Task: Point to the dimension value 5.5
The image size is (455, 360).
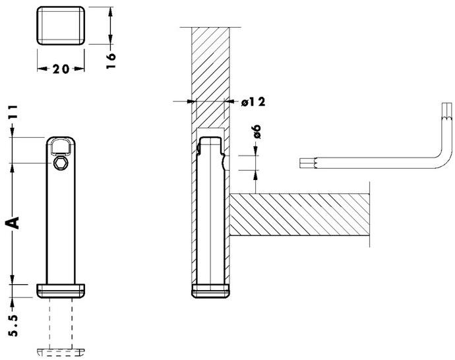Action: pos(13,325)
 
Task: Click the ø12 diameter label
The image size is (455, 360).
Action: pos(253,102)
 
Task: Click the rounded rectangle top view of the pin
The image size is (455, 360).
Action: pos(61,26)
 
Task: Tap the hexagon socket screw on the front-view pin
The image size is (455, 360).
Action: pos(60,163)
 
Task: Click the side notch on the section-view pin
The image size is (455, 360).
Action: pos(224,161)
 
